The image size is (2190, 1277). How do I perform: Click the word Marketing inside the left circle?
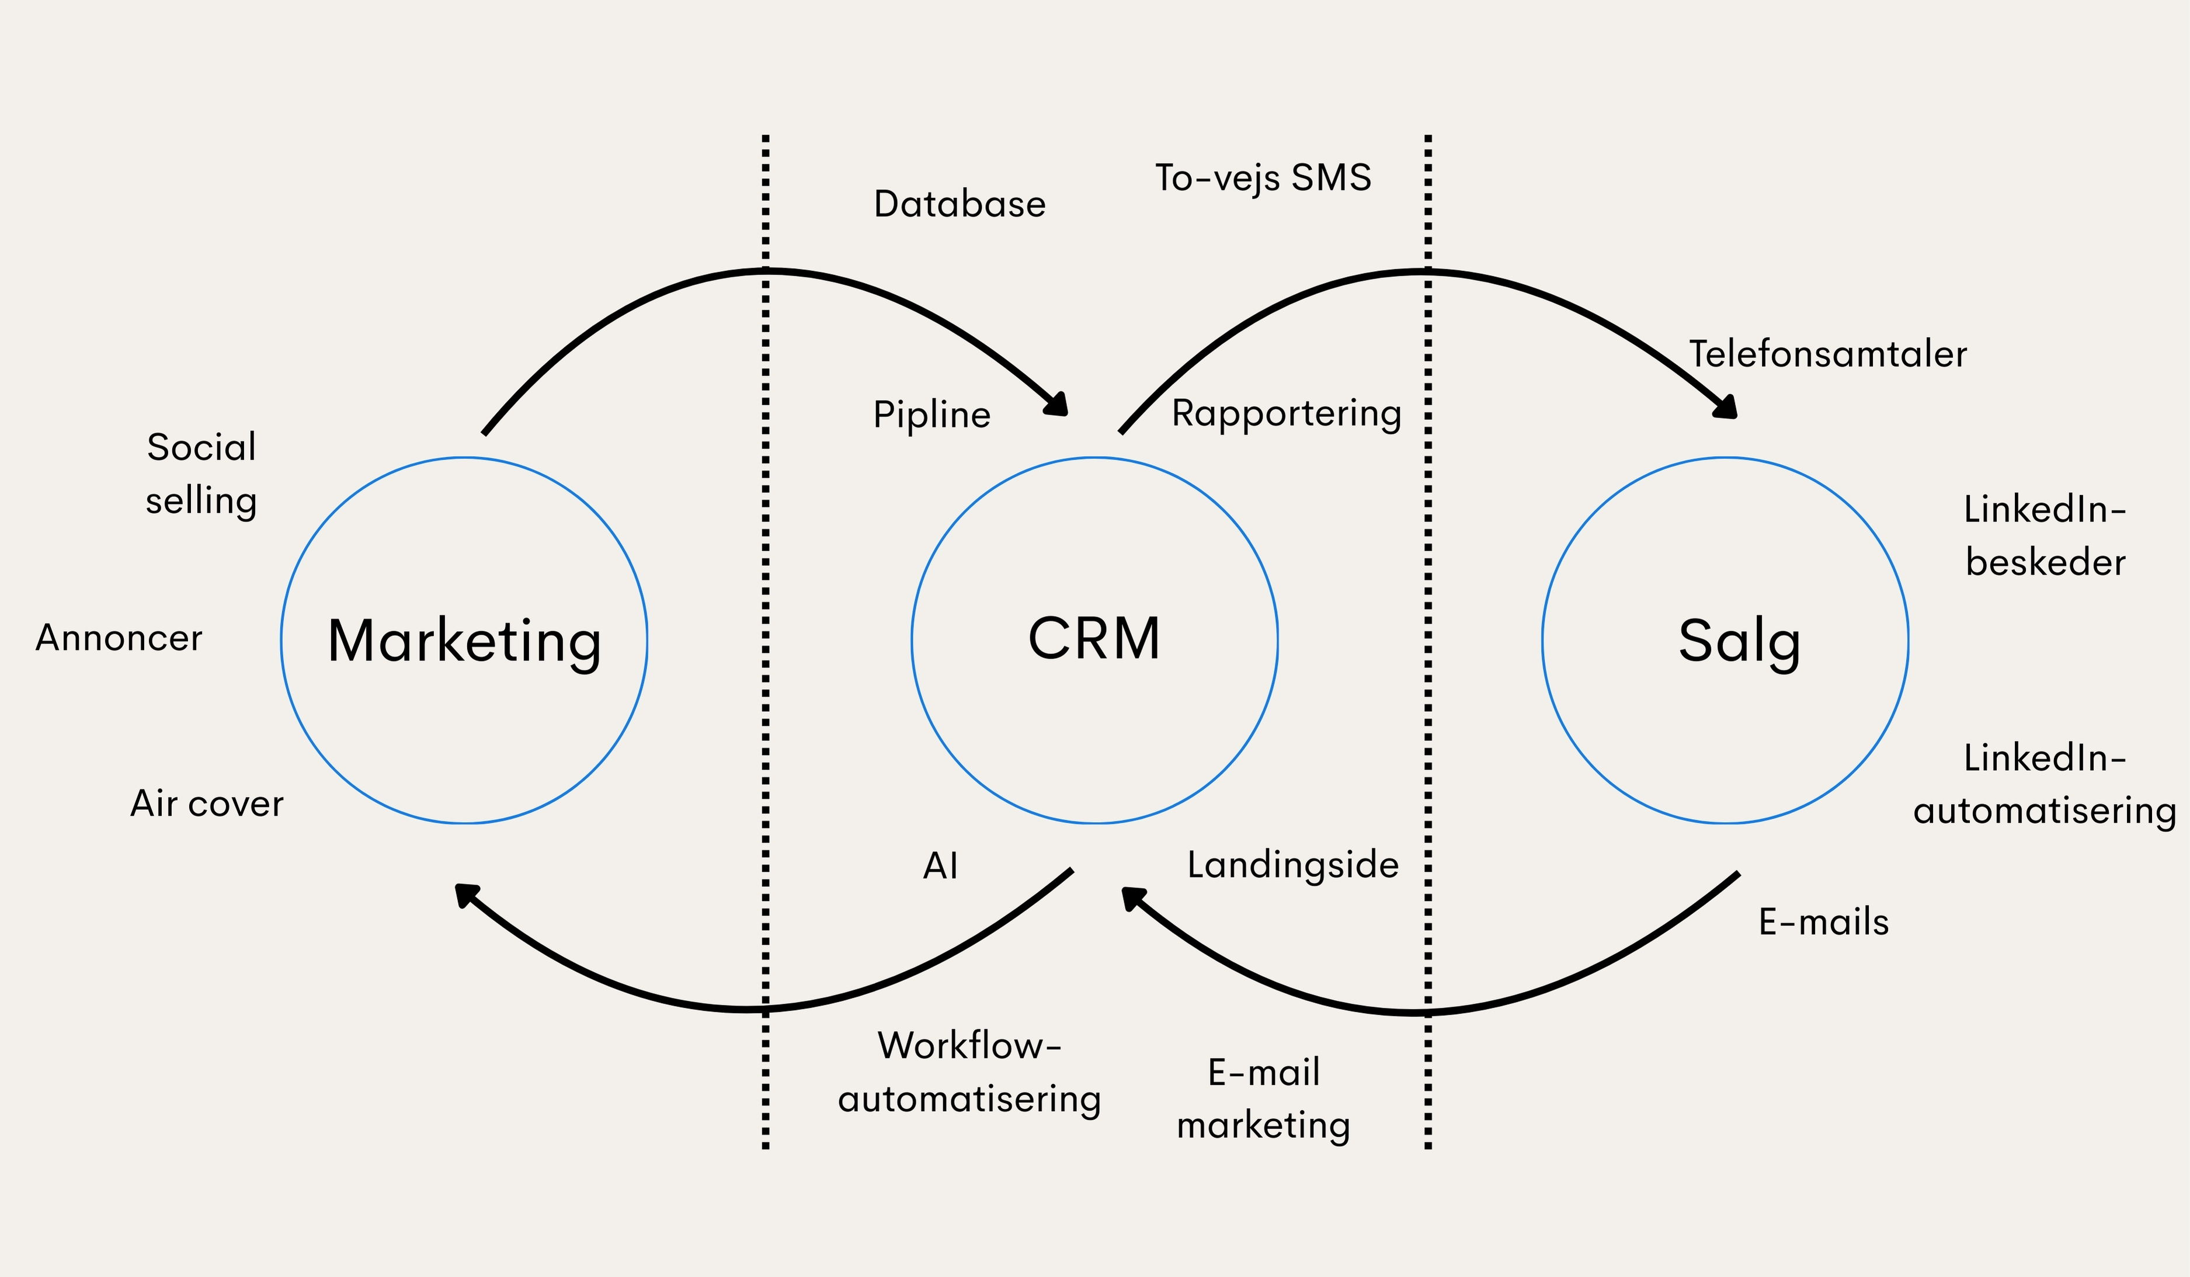[464, 641]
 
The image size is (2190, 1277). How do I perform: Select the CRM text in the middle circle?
[1094, 639]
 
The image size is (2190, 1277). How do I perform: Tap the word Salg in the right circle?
[1739, 641]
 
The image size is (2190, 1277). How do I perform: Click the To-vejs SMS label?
[1263, 178]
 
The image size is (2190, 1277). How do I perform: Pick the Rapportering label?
[1286, 413]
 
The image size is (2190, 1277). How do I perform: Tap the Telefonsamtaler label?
[1827, 354]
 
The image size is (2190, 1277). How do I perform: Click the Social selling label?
[201, 474]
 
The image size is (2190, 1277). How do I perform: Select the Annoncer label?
[119, 638]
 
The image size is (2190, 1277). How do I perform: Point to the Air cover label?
[207, 803]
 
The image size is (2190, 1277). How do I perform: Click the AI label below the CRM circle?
[940, 866]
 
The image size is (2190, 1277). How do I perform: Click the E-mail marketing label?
[1264, 1099]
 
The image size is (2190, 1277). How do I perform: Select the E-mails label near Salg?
[1823, 922]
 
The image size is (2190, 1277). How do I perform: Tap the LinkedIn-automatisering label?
[2045, 784]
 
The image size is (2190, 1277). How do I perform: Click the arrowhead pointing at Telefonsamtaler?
[1725, 406]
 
